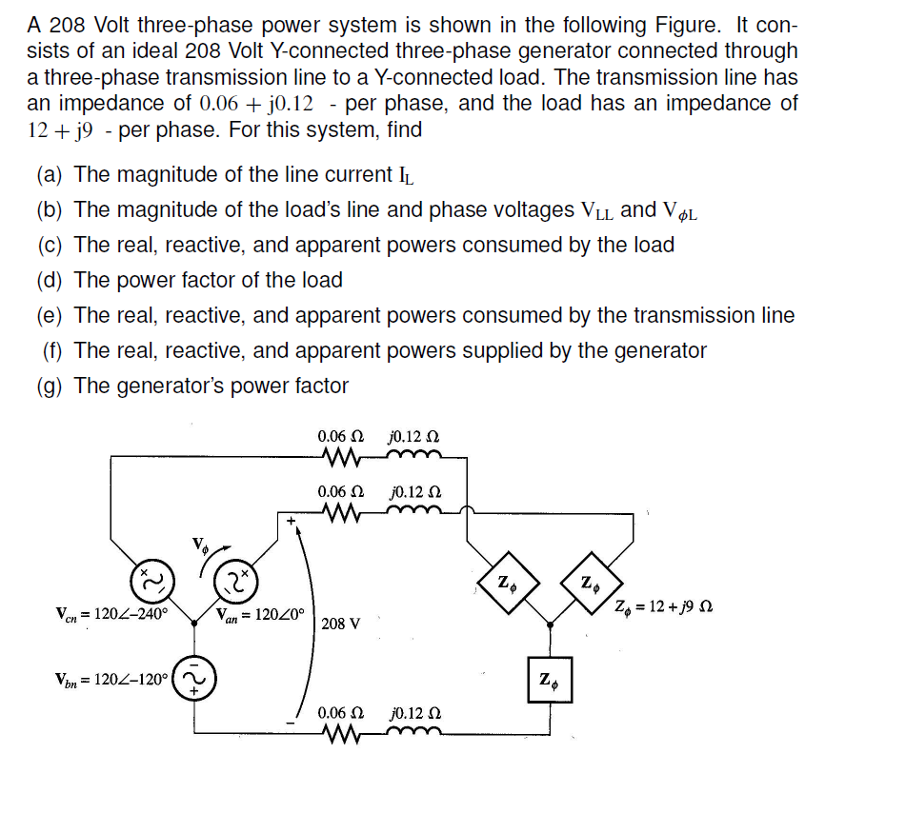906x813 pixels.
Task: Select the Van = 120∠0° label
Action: click(260, 615)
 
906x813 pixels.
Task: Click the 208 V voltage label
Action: click(341, 624)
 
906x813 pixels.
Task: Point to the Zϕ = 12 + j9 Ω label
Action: click(663, 607)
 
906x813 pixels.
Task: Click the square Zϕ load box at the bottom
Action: click(550, 680)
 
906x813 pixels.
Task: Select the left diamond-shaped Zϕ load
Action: click(509, 582)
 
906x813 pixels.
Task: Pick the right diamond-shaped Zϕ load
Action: click(592, 582)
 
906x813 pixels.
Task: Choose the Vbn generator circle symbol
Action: click(194, 678)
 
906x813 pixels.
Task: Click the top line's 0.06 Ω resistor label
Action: click(341, 435)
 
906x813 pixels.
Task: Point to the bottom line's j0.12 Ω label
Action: click(415, 713)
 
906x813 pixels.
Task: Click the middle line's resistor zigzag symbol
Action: click(343, 512)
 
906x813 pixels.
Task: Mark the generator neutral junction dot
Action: click(194, 623)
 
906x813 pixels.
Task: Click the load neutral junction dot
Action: click(550, 625)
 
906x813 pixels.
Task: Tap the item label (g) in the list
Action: click(50, 387)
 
